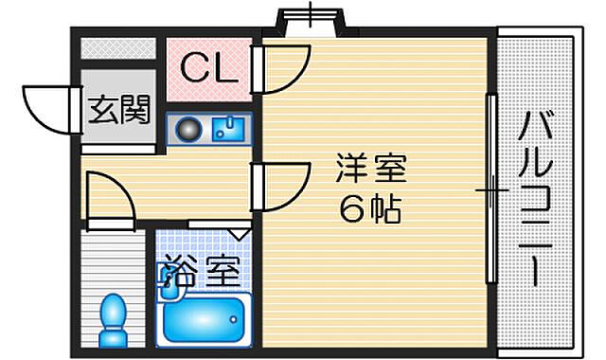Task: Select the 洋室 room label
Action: click(x=370, y=169)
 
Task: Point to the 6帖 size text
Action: click(x=370, y=209)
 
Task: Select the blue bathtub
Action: click(x=204, y=319)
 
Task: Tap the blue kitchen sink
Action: click(x=227, y=129)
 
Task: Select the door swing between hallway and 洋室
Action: click(x=284, y=188)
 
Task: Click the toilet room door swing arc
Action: click(x=109, y=199)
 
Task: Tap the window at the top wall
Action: click(x=309, y=21)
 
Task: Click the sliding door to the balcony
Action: click(x=490, y=189)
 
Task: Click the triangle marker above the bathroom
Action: click(x=239, y=231)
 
